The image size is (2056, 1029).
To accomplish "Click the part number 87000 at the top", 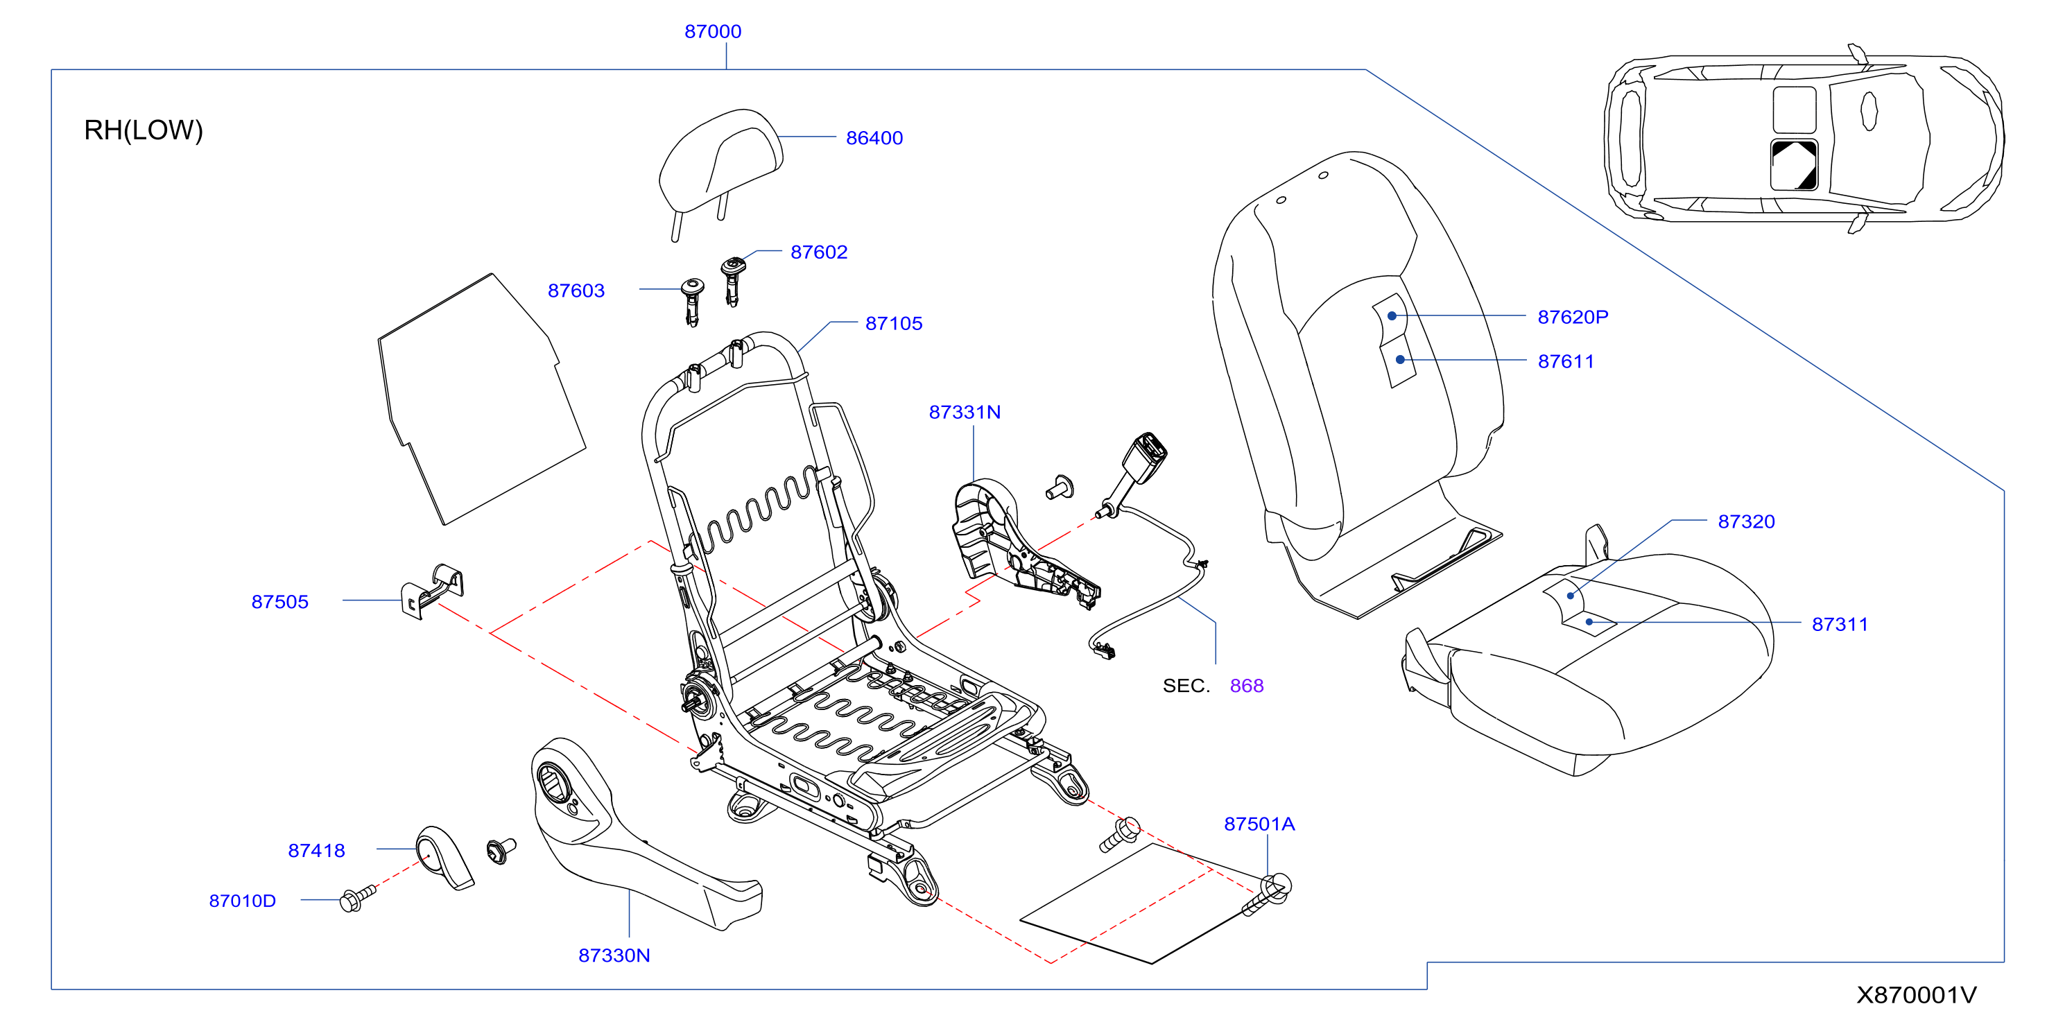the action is [713, 31].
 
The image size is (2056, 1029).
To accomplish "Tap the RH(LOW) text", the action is [144, 130].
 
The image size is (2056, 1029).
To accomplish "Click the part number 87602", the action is [819, 252].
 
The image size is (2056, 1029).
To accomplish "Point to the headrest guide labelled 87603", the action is [692, 302].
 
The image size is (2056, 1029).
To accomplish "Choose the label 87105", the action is [894, 323].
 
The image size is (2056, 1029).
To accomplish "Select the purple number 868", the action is [1247, 686].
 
